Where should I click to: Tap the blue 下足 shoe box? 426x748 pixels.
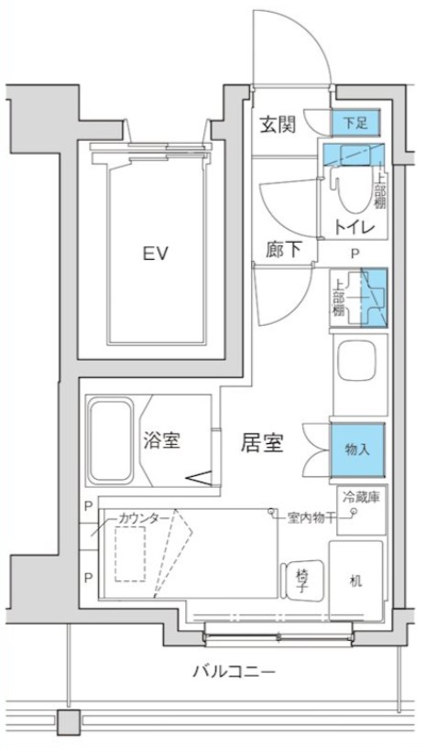click(x=354, y=123)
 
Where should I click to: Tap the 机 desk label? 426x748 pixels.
click(x=357, y=580)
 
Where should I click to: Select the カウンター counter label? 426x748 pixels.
click(x=144, y=518)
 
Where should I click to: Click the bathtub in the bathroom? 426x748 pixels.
click(x=112, y=440)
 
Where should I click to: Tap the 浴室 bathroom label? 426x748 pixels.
click(x=161, y=440)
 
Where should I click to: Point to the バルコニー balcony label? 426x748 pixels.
click(x=233, y=672)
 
